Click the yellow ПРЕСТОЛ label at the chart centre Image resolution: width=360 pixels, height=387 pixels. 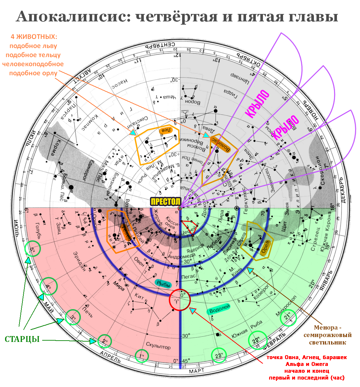pyautogui.click(x=165, y=201)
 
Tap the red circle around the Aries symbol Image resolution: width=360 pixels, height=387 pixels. pyautogui.click(x=180, y=300)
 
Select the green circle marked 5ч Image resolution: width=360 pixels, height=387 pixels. pyautogui.click(x=32, y=249)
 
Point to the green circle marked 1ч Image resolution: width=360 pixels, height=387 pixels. pyautogui.click(x=142, y=356)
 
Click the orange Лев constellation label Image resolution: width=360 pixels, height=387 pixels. pyautogui.click(x=165, y=130)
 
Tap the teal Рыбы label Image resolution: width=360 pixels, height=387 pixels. pyautogui.click(x=164, y=284)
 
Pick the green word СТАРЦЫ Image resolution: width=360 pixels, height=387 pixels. pyautogui.click(x=22, y=340)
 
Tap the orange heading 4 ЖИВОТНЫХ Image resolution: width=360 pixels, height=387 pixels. pyautogui.click(x=34, y=37)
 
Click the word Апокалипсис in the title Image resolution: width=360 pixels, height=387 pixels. pyautogui.click(x=71, y=17)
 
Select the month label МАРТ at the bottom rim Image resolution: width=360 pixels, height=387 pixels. pyautogui.click(x=197, y=370)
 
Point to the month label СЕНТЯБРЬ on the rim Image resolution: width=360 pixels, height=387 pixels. pyautogui.click(x=162, y=45)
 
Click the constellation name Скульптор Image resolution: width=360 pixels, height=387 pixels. pyautogui.click(x=158, y=345)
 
